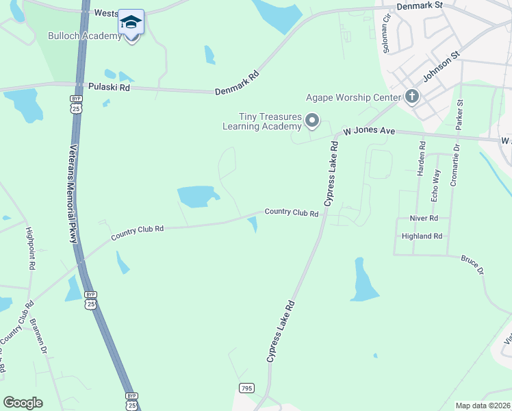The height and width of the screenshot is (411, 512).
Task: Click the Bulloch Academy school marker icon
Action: (x=131, y=22)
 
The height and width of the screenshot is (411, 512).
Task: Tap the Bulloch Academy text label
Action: (x=85, y=36)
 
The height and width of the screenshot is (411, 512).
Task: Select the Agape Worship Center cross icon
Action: (x=411, y=97)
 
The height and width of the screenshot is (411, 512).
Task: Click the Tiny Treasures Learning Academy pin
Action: (x=312, y=121)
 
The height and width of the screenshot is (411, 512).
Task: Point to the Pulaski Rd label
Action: (x=109, y=88)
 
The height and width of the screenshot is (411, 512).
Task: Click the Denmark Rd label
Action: (x=238, y=82)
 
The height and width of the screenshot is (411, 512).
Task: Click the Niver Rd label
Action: (x=424, y=218)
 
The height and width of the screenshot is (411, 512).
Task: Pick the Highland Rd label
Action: (x=422, y=236)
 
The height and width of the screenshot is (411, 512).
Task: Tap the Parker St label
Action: (x=460, y=114)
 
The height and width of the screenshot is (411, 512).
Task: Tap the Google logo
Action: (x=23, y=403)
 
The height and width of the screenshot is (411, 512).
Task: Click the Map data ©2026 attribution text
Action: (x=483, y=406)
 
